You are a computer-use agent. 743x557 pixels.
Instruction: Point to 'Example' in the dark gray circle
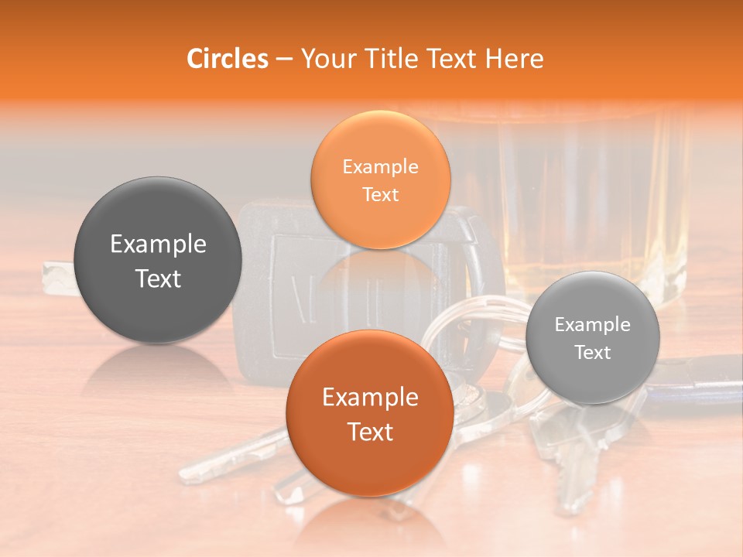(158, 244)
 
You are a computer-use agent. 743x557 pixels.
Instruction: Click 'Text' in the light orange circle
(380, 194)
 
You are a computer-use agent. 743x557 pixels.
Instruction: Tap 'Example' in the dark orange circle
(370, 398)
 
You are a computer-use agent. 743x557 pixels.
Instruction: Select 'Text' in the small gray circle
(593, 353)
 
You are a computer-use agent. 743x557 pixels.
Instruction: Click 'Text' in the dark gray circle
(158, 279)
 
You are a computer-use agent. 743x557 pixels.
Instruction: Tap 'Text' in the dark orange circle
(370, 432)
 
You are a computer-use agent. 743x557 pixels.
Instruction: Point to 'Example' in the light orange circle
(380, 166)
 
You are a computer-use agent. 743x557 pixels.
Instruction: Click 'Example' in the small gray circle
(593, 325)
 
